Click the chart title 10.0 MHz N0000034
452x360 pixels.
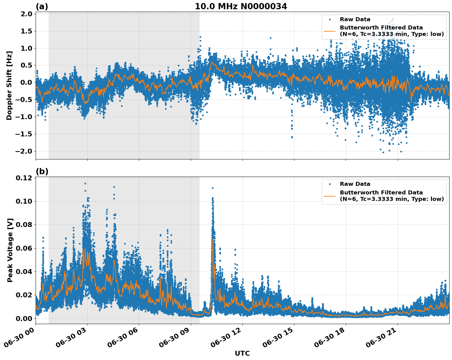(241, 6)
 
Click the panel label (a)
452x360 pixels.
(42, 6)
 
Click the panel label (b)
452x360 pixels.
(42, 171)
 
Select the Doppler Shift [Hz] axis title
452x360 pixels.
(9, 85)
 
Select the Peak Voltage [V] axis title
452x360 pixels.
(10, 250)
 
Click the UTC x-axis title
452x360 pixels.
(242, 353)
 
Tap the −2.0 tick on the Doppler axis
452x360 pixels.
(25, 151)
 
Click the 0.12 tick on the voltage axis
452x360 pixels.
(25, 178)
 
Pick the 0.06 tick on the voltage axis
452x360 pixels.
(25, 248)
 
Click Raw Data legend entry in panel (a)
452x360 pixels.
(355, 19)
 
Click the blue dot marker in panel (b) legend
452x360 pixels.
(330, 184)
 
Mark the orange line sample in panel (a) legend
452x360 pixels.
(330, 31)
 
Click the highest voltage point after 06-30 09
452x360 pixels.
(213, 188)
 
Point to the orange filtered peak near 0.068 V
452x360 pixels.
(213, 239)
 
